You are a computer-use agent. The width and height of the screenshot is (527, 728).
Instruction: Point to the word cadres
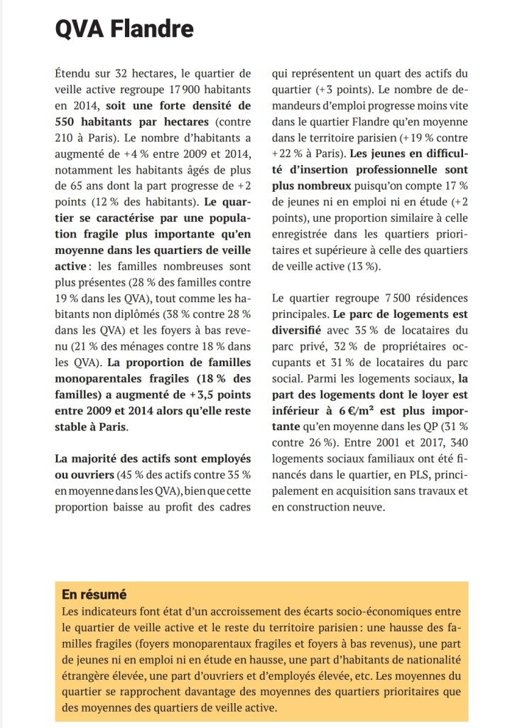pos(232,505)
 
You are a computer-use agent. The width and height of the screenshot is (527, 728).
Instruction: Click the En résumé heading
pos(93,594)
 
